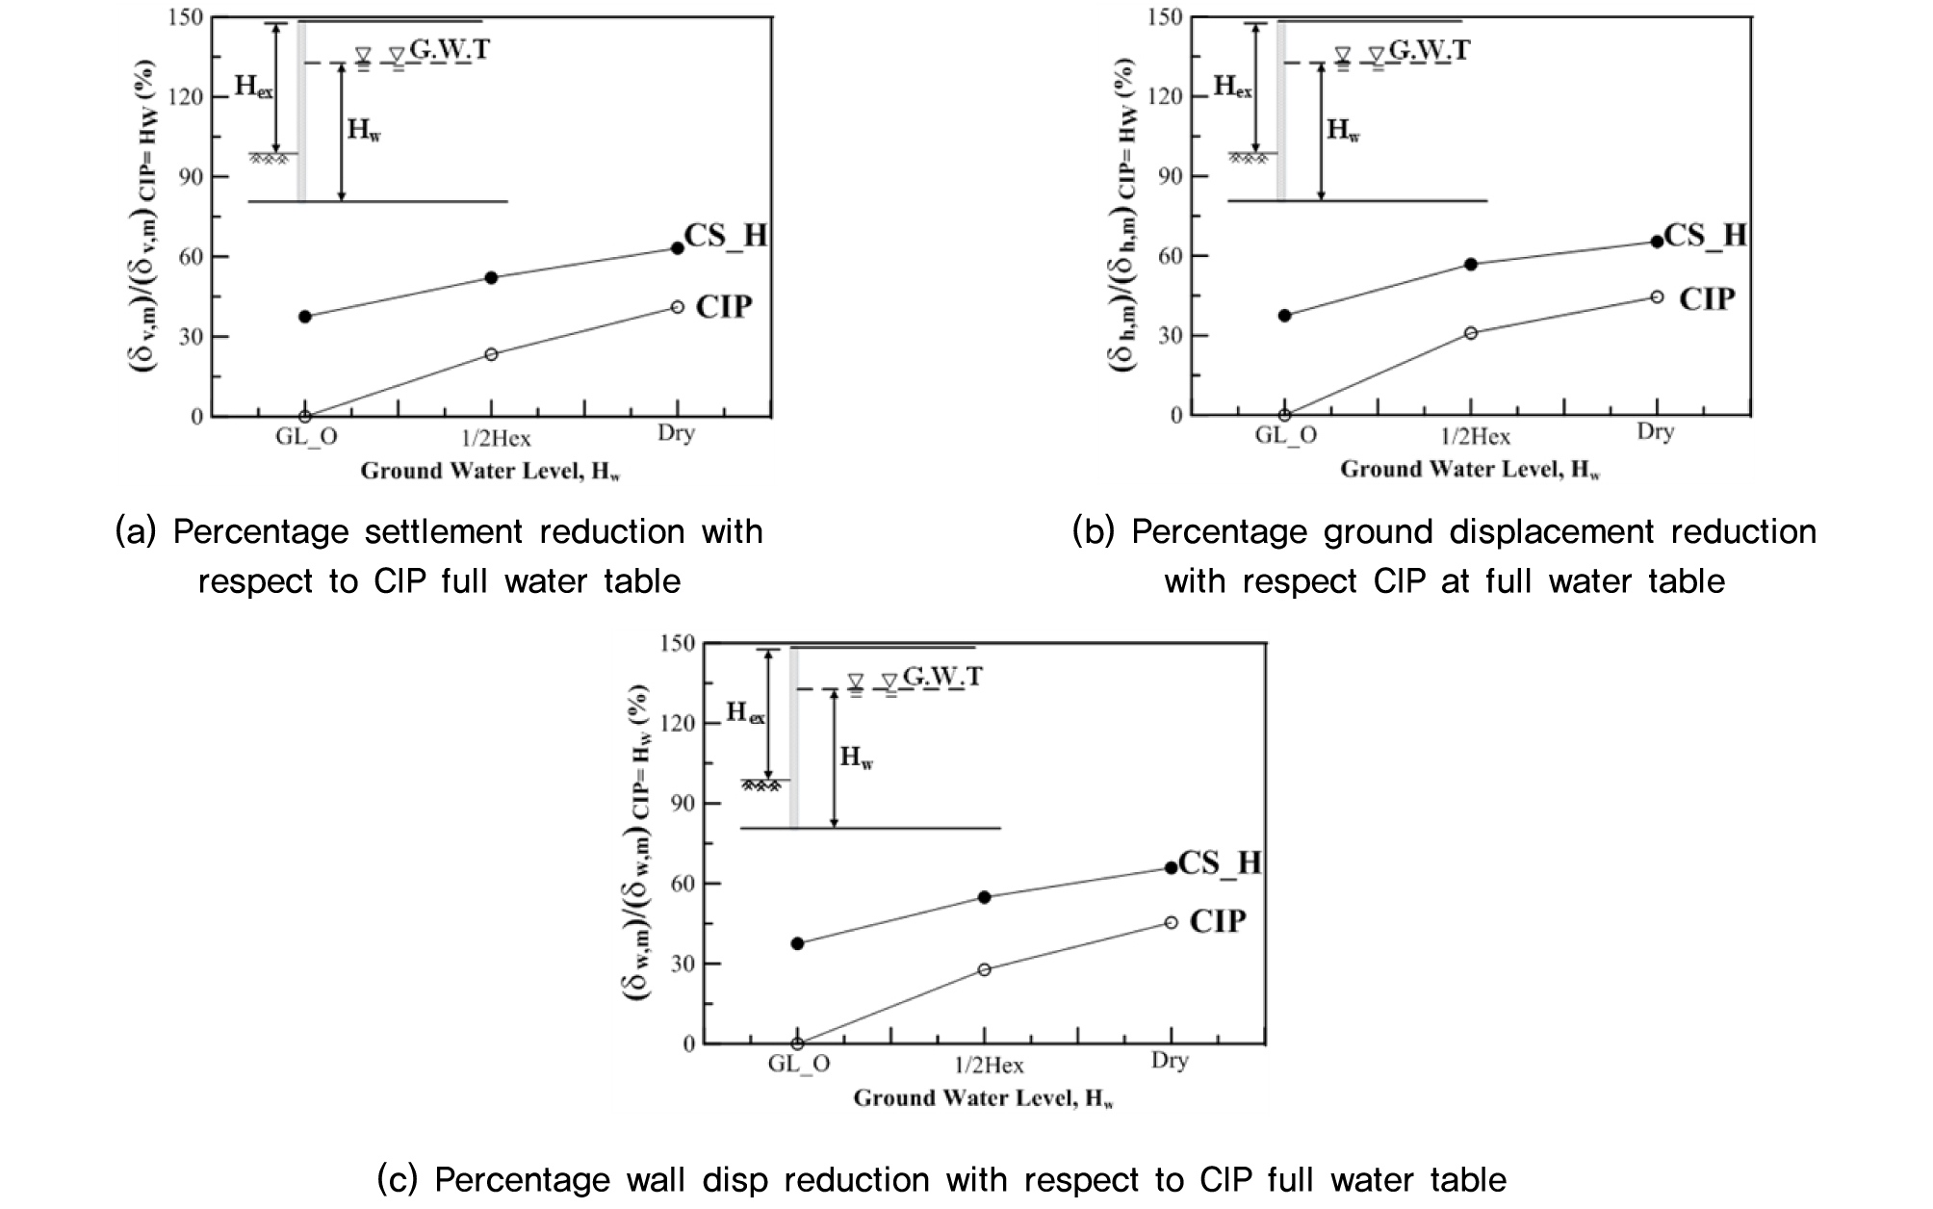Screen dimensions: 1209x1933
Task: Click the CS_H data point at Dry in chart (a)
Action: coord(677,248)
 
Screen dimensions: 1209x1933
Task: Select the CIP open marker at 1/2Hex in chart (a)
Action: coord(491,354)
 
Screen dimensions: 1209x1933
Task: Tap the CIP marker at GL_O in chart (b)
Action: coord(1284,415)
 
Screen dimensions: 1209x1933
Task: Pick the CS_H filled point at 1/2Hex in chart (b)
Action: coord(1470,264)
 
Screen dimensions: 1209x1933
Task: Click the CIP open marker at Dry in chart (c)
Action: coord(1171,922)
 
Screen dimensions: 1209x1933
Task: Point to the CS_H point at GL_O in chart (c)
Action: coord(797,943)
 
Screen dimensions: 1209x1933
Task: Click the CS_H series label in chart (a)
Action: coord(726,236)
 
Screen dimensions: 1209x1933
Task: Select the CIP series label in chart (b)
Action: coord(1706,299)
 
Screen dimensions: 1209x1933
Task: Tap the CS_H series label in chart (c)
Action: coord(1219,862)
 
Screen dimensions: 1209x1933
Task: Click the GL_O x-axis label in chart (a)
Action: coord(306,436)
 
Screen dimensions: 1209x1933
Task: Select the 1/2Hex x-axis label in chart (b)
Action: coord(1475,437)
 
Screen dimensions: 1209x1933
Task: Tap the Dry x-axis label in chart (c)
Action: coord(1170,1061)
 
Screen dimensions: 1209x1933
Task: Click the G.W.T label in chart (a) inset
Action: coord(449,49)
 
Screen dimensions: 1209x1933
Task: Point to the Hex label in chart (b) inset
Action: coord(1232,87)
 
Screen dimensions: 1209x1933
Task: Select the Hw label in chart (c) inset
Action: coord(856,758)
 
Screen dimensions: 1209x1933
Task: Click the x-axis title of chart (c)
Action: coord(983,1097)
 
